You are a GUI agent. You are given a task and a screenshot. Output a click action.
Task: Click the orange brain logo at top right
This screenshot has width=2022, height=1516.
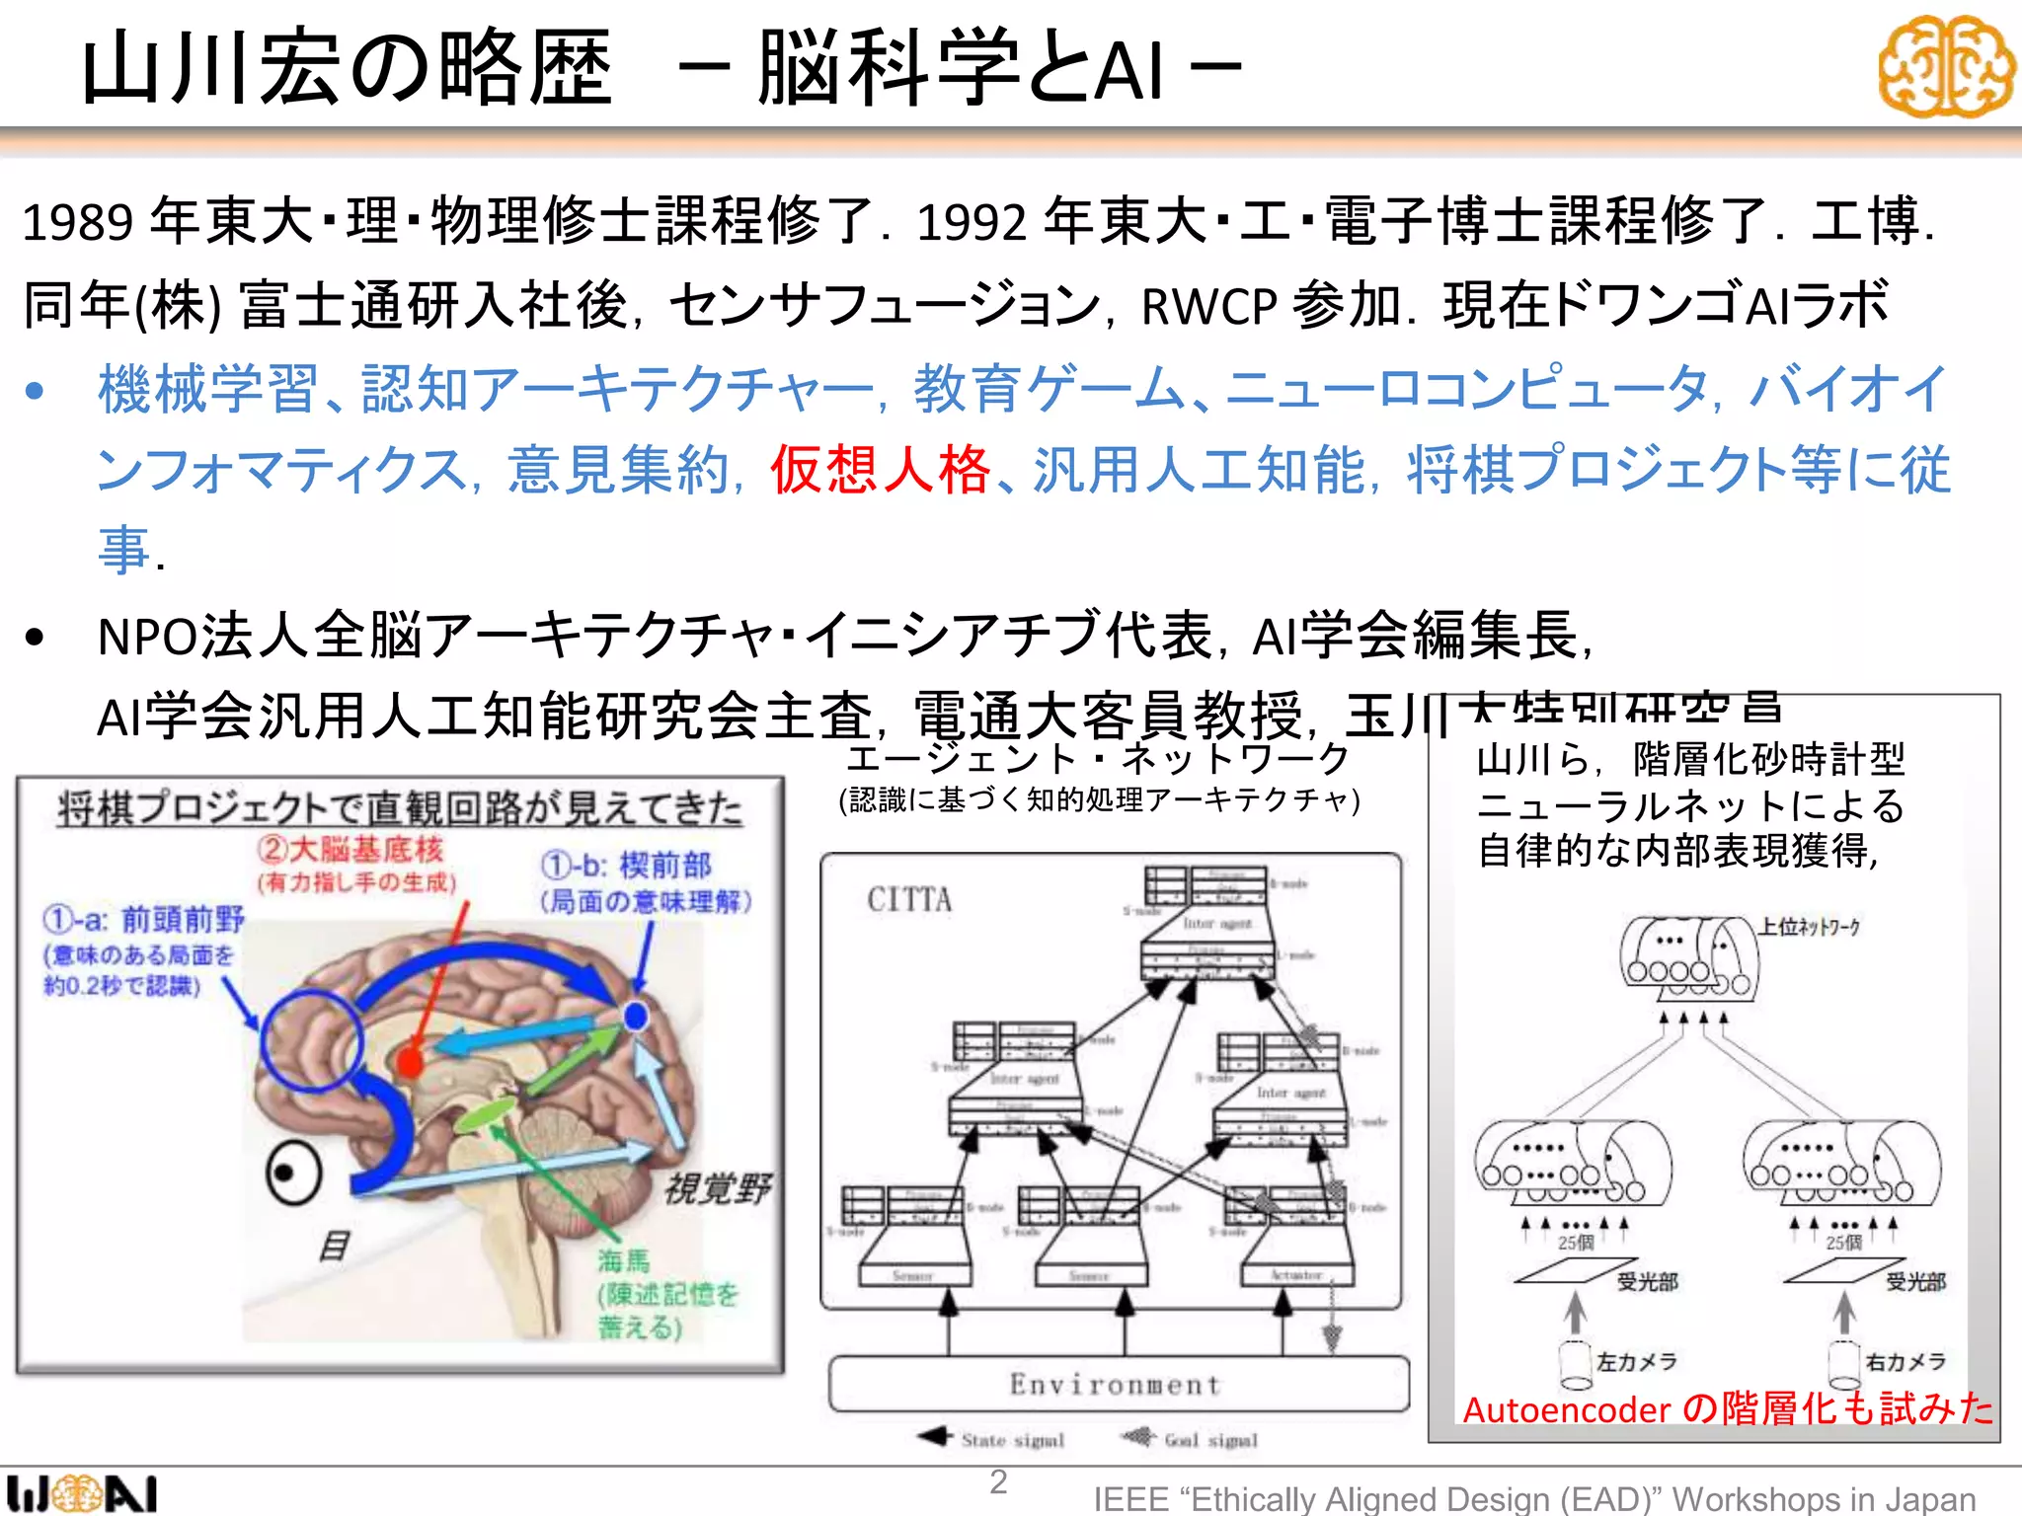click(x=1945, y=67)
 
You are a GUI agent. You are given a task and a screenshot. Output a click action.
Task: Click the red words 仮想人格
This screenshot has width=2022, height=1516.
click(x=880, y=470)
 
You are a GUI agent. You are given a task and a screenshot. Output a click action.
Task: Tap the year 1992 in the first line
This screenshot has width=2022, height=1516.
click(x=972, y=222)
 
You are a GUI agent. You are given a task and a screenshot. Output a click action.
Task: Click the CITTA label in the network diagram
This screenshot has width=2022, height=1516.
click(x=909, y=900)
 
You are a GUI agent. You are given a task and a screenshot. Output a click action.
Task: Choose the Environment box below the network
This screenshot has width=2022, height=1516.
click(x=1118, y=1384)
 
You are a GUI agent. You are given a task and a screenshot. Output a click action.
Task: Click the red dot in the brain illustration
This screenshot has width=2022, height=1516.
click(x=409, y=1063)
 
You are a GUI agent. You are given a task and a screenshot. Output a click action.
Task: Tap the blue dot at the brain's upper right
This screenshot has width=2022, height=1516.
click(x=636, y=1015)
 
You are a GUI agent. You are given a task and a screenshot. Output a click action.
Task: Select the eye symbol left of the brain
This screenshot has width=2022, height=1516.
click(x=293, y=1174)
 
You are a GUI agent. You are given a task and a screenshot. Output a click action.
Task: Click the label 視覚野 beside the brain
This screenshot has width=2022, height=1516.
click(x=717, y=1188)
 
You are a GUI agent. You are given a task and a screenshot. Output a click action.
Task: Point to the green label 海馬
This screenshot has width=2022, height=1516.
click(x=624, y=1260)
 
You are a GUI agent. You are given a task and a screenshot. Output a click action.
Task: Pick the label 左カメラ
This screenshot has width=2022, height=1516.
click(x=1637, y=1362)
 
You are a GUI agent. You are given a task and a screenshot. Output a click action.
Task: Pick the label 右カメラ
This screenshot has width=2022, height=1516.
click(x=1905, y=1362)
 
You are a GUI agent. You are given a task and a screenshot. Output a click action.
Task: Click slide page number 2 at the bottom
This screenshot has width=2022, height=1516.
click(x=999, y=1481)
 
